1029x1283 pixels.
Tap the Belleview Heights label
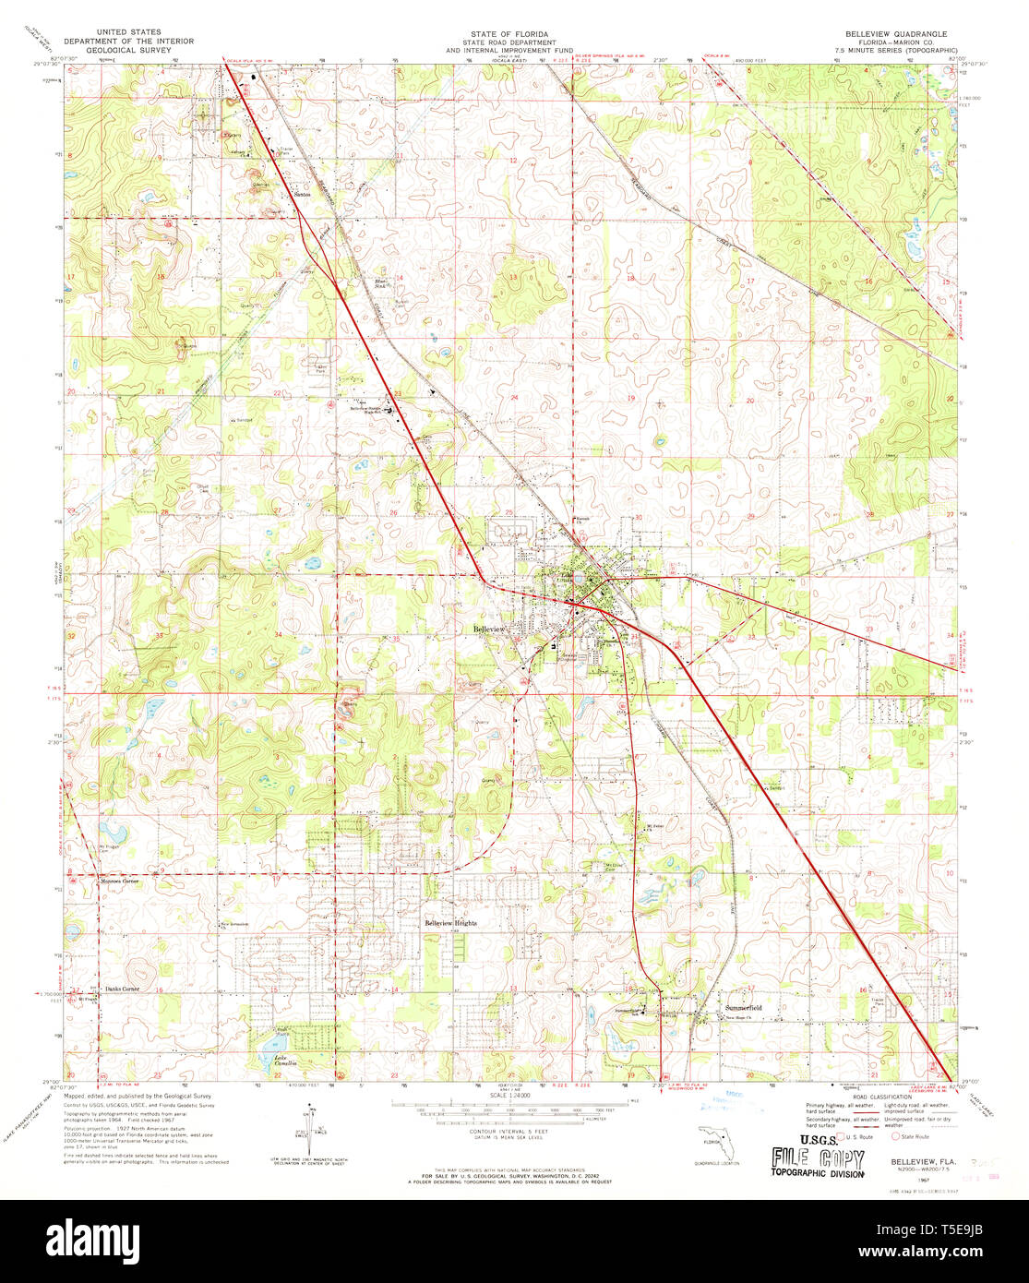pyautogui.click(x=451, y=923)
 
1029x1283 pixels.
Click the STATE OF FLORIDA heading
pyautogui.click(x=509, y=33)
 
